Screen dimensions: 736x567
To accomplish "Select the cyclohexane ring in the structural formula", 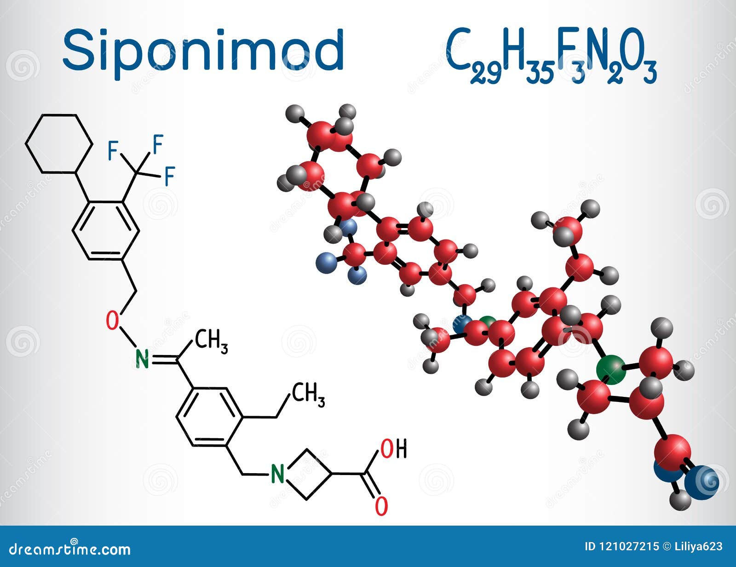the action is (x=59, y=143).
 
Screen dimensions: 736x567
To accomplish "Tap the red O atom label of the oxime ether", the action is (x=112, y=321).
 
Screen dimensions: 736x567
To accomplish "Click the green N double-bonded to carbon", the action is (x=143, y=359).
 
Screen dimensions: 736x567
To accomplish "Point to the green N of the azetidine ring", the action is (x=277, y=474).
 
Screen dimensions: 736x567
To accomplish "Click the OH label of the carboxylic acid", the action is (x=394, y=449).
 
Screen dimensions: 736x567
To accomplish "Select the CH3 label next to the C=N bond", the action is (x=211, y=342).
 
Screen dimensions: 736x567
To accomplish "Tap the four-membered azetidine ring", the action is (x=307, y=474).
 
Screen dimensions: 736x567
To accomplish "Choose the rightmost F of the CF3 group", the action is (x=170, y=176).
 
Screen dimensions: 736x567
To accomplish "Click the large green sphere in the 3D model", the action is (x=611, y=369).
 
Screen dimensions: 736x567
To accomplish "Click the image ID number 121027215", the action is (x=629, y=546).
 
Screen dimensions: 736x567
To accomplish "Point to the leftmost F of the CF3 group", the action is (x=112, y=151).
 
